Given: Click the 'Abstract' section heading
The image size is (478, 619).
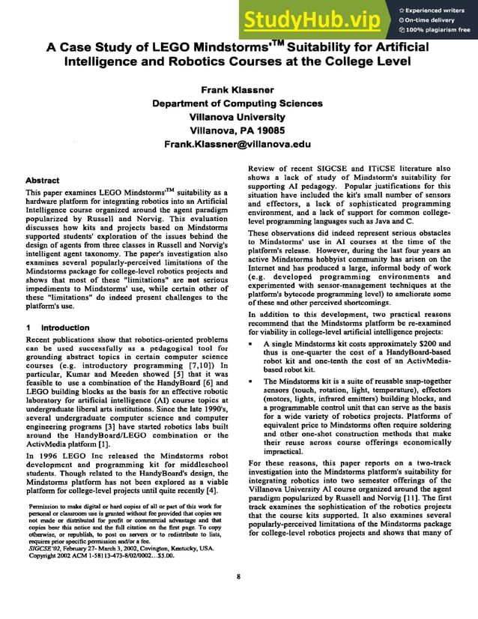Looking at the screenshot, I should tap(43, 181).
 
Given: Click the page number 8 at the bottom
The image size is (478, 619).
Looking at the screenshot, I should tap(238, 576).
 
